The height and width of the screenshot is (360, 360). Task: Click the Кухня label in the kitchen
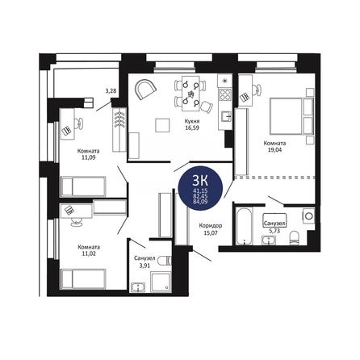192,121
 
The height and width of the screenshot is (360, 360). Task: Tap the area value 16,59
192,128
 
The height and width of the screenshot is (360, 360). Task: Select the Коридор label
211,225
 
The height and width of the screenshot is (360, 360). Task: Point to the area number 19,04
274,150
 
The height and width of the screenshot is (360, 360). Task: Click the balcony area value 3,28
111,90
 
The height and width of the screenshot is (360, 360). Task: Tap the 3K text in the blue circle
200,182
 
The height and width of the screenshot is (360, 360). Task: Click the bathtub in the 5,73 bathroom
245,226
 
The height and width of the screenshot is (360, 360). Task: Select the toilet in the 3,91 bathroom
165,261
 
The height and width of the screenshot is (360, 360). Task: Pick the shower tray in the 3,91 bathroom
161,282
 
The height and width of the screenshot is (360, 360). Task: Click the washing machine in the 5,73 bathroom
308,216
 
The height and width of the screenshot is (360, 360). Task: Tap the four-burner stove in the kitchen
225,94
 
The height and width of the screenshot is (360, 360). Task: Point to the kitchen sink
226,116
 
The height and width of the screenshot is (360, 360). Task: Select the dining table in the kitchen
191,93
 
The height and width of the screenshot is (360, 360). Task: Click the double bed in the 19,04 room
292,116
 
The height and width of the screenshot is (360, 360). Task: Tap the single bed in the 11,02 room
83,279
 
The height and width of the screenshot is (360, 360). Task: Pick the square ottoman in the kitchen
162,125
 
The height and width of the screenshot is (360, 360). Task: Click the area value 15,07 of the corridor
211,233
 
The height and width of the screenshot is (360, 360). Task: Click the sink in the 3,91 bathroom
138,287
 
